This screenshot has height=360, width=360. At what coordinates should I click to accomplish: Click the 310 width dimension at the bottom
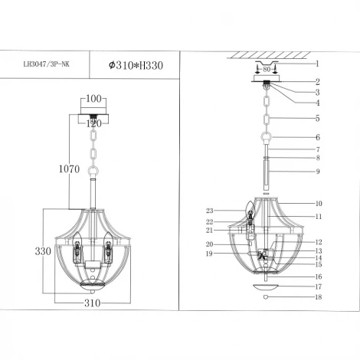[92, 303]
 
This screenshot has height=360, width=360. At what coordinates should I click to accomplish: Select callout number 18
[319, 296]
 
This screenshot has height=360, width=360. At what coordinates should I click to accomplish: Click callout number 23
[208, 211]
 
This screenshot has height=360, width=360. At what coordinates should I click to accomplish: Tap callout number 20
[208, 244]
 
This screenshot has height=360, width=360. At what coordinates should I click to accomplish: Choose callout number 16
[319, 276]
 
